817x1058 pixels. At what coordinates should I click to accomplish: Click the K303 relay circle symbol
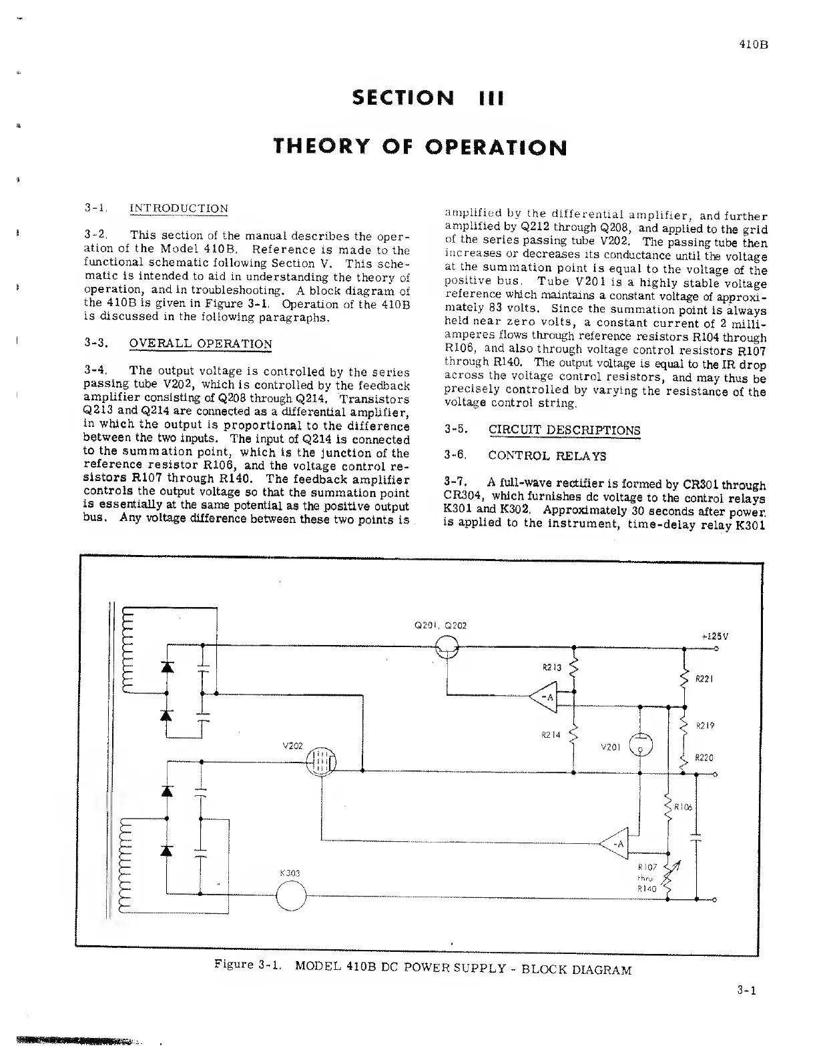pyautogui.click(x=290, y=895)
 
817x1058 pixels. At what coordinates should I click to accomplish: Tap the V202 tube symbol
pyautogui.click(x=322, y=760)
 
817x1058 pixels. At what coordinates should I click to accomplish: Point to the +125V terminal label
pyautogui.click(x=715, y=636)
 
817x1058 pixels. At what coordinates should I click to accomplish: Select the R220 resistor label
pyautogui.click(x=704, y=757)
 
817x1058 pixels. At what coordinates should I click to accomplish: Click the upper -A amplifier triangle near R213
pyautogui.click(x=545, y=698)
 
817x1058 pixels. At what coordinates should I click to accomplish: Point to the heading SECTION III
pyautogui.click(x=427, y=98)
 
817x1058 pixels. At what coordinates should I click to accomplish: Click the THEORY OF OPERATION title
pyautogui.click(x=421, y=146)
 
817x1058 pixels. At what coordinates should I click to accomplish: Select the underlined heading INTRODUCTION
pyautogui.click(x=178, y=208)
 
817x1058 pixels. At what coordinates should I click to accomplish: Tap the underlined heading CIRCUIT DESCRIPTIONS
pyautogui.click(x=564, y=430)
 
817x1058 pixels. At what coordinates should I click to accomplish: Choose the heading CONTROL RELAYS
pyautogui.click(x=547, y=456)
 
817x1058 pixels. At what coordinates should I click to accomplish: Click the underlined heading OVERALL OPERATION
pyautogui.click(x=200, y=344)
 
